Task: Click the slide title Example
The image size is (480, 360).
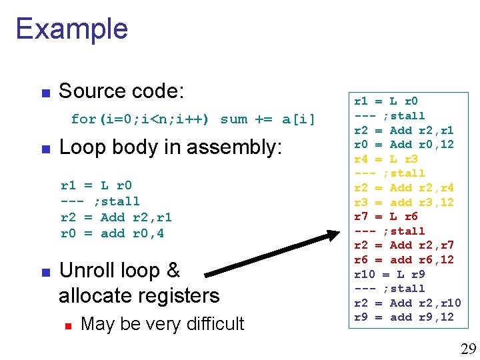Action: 71,29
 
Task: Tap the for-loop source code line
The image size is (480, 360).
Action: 193,119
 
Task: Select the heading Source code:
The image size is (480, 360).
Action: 121,91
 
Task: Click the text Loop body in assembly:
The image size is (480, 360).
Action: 171,147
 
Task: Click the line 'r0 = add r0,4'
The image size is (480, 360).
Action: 112,233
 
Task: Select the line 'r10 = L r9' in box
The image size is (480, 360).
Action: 389,274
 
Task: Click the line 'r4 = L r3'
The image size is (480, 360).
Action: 385,159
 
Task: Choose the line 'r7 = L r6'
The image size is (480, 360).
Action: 385,217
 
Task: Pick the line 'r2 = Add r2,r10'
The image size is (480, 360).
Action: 407,303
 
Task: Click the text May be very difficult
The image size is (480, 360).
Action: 162,324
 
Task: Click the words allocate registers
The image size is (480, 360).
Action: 139,295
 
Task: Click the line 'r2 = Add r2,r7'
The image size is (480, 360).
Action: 403,245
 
